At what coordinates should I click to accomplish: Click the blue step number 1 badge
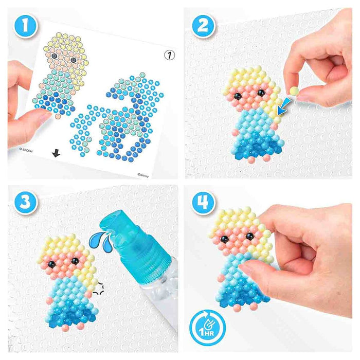click(25, 26)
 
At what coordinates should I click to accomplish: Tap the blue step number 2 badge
click(203, 26)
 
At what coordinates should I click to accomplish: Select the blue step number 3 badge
click(25, 202)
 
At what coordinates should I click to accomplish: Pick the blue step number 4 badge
click(203, 202)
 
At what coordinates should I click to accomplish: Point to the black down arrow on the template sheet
click(56, 153)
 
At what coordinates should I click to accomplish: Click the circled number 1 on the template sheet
click(169, 55)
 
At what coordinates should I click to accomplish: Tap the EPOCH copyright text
click(26, 150)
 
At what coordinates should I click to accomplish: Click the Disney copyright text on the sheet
click(143, 175)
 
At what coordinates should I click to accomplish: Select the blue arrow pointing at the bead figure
click(283, 106)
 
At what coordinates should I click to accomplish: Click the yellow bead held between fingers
click(294, 91)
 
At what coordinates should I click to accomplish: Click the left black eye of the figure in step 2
click(237, 96)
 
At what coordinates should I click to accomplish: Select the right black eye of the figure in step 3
click(75, 261)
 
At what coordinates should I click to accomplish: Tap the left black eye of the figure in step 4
click(224, 239)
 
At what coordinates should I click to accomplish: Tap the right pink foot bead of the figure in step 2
click(266, 158)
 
